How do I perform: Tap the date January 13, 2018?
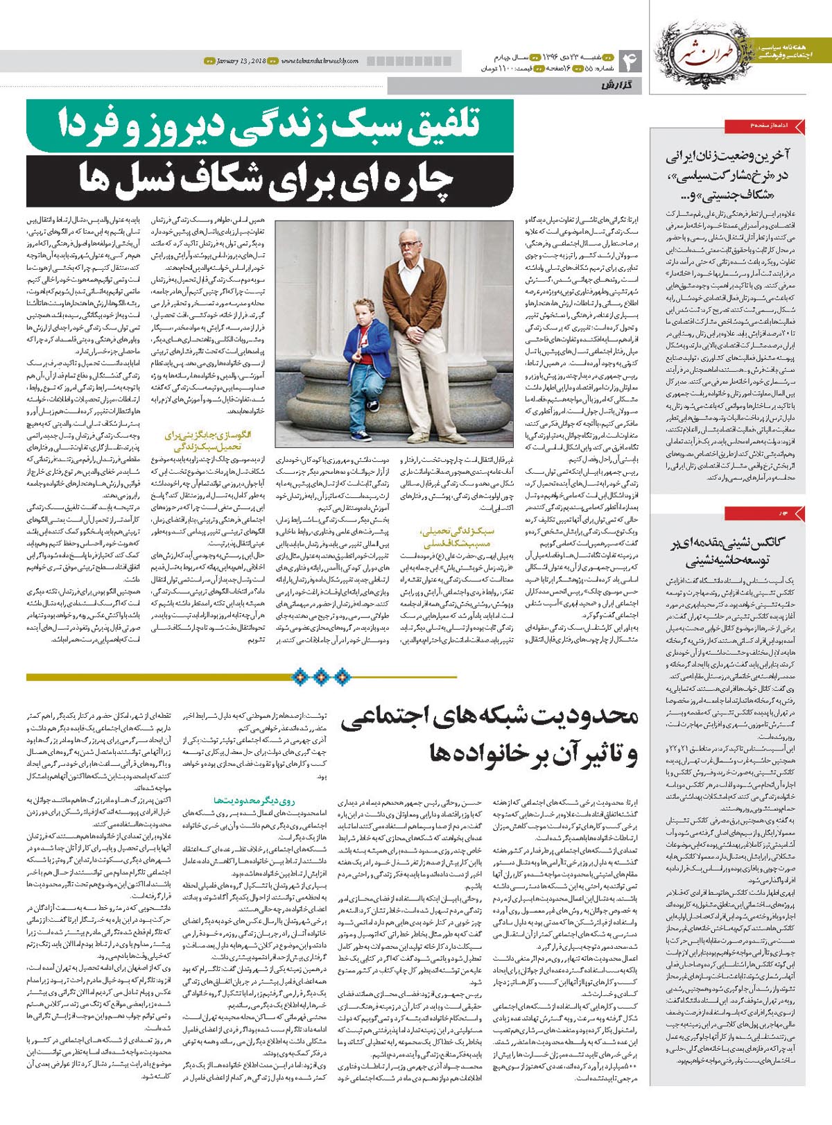point(240,61)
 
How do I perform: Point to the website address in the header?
point(320,61)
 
